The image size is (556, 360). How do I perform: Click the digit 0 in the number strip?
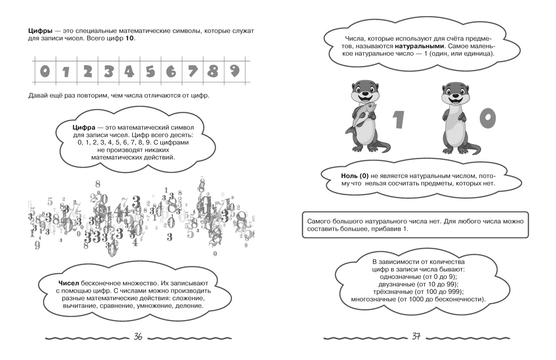pos(44,71)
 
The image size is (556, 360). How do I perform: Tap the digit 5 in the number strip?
pos(150,72)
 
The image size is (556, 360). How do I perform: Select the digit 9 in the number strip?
pos(235,71)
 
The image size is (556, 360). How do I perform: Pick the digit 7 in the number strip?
pos(193,71)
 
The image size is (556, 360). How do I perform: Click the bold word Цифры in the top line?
pos(40,31)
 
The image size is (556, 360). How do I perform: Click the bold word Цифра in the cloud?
pos(84,128)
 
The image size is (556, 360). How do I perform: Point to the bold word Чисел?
pos(68,283)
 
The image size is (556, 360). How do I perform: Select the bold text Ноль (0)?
pos(355,176)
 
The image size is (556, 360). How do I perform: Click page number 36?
pos(138,337)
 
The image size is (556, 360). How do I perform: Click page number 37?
pos(416,336)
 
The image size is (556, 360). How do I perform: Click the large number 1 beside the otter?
pos(399,119)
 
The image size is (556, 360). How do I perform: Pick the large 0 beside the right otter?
pos(488,118)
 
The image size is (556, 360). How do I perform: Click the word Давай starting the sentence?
pos(37,96)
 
